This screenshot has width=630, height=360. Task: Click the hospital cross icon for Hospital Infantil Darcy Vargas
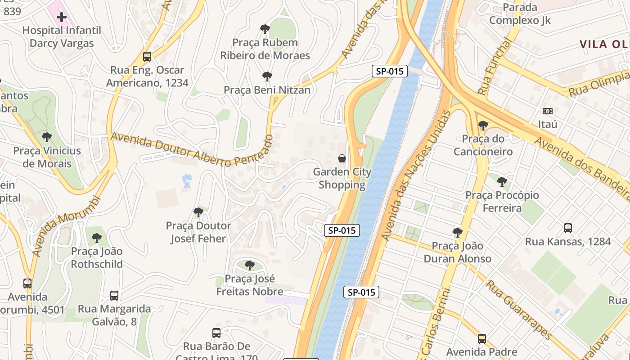[x=62, y=17]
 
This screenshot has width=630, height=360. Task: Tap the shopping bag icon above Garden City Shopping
[x=342, y=158]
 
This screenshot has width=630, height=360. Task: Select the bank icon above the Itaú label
[x=548, y=111]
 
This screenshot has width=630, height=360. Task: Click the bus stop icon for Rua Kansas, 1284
[x=568, y=228]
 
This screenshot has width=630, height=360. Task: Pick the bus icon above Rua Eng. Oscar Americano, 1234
[x=147, y=57]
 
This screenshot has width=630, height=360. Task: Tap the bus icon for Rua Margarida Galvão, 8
[x=114, y=296]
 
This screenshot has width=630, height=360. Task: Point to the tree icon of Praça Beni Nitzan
[x=267, y=76]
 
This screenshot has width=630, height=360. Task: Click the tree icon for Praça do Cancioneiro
[x=483, y=126]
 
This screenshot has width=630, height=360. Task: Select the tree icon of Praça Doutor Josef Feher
[x=198, y=212]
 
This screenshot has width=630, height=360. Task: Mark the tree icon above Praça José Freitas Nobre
[x=250, y=265]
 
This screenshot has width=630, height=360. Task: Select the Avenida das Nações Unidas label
[x=416, y=175]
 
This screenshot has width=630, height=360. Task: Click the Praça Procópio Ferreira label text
[x=502, y=202]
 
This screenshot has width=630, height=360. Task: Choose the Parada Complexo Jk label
[x=520, y=14]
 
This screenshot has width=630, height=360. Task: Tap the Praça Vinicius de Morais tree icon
[x=46, y=137]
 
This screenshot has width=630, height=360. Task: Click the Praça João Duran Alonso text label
[x=458, y=252]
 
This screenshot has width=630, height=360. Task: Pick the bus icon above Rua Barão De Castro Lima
[x=216, y=333]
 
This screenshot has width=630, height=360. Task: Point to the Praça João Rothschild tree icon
[x=96, y=238]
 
